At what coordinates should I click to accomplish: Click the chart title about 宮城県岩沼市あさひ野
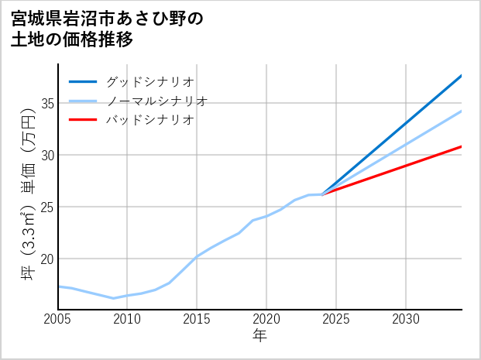pyautogui.click(x=108, y=29)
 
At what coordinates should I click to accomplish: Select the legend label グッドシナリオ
pyautogui.click(x=150, y=81)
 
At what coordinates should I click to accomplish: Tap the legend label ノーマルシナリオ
pyautogui.click(x=157, y=101)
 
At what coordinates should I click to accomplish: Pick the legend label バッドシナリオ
pyautogui.click(x=150, y=120)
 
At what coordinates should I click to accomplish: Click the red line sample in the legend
pyautogui.click(x=83, y=120)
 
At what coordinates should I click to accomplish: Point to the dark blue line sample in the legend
pyautogui.click(x=83, y=81)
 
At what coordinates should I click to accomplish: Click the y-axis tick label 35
pyautogui.click(x=46, y=103)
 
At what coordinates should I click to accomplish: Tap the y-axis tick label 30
pyautogui.click(x=46, y=155)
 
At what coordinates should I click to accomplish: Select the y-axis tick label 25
pyautogui.click(x=46, y=207)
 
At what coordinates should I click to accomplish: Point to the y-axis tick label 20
pyautogui.click(x=46, y=259)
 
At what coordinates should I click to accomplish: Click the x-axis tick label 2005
pyautogui.click(x=58, y=319)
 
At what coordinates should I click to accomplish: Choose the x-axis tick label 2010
pyautogui.click(x=127, y=319)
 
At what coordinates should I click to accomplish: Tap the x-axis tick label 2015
pyautogui.click(x=197, y=319)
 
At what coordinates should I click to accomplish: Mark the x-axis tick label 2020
pyautogui.click(x=266, y=319)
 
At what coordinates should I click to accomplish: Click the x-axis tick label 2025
pyautogui.click(x=336, y=319)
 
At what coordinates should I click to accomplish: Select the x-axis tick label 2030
pyautogui.click(x=406, y=319)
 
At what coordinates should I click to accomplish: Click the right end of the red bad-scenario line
pyautogui.click(x=461, y=146)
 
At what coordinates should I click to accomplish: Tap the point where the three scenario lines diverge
pyautogui.click(x=322, y=194)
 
